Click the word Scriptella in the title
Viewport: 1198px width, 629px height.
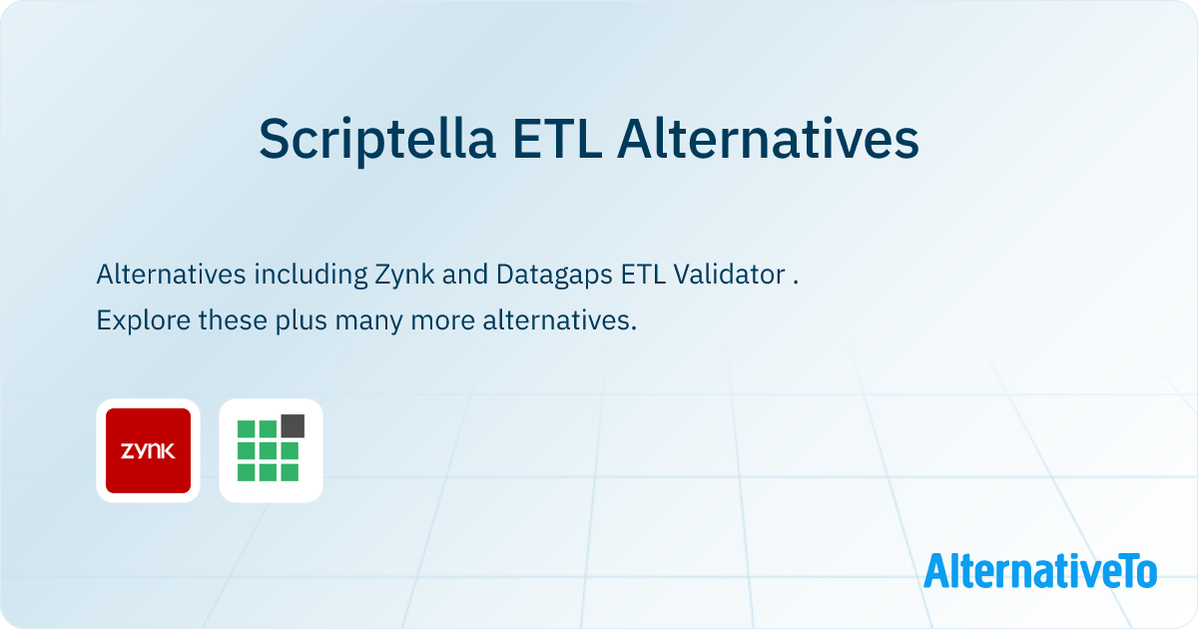(x=377, y=139)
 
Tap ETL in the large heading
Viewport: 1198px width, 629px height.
(x=557, y=139)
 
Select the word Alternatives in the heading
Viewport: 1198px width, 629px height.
(x=768, y=139)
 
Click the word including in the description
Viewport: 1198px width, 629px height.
(x=310, y=275)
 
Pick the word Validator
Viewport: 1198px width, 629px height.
(x=730, y=274)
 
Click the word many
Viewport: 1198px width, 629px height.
(x=369, y=321)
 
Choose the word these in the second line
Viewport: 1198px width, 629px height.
(x=233, y=319)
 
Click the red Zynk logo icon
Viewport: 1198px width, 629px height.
(x=148, y=451)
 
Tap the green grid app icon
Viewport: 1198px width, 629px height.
(x=271, y=450)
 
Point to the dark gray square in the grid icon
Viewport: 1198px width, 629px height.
(x=293, y=425)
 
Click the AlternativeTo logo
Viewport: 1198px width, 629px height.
(x=1040, y=570)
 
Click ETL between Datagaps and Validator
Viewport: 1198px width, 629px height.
(x=643, y=274)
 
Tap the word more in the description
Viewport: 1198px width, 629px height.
(x=443, y=320)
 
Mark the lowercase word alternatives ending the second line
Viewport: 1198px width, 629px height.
(x=560, y=319)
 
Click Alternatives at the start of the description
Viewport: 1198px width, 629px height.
(x=171, y=274)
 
